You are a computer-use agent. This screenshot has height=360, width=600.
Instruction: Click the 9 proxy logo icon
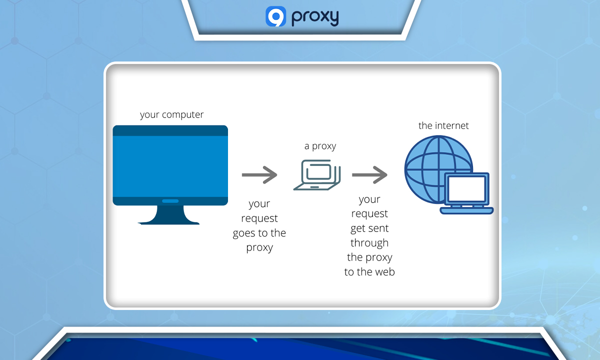tap(275, 16)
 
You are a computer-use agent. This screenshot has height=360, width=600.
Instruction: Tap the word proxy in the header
tap(315, 17)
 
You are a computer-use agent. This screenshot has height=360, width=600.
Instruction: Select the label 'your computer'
tap(171, 114)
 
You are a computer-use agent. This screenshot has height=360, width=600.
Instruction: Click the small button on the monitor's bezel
tap(170, 201)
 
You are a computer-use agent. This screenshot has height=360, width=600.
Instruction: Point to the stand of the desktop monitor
tap(170, 215)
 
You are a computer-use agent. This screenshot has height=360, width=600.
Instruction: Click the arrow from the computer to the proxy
tap(259, 175)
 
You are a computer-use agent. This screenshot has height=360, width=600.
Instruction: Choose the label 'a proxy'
tap(320, 146)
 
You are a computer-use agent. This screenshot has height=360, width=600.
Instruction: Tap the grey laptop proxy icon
tap(317, 174)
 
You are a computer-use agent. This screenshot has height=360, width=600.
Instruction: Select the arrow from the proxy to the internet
tap(369, 175)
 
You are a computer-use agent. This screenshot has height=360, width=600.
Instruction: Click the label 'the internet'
tap(443, 125)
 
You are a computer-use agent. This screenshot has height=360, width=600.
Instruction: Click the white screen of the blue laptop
tap(466, 189)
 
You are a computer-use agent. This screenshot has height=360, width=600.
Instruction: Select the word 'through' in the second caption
tap(369, 243)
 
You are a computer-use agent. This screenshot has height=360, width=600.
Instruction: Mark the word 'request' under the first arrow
tap(259, 218)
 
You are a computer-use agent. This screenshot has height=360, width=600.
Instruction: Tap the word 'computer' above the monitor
tap(182, 114)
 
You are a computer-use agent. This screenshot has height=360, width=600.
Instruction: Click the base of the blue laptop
tap(466, 210)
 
